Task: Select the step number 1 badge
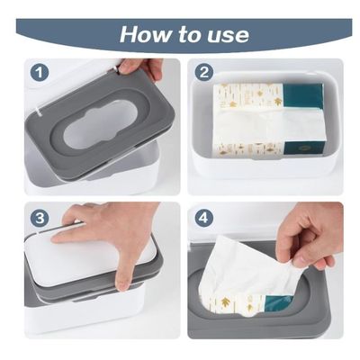click(x=40, y=72)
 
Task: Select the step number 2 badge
click(x=204, y=72)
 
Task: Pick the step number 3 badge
click(x=40, y=218)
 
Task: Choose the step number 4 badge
click(x=204, y=218)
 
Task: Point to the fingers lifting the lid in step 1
click(x=140, y=67)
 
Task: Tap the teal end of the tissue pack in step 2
click(x=303, y=96)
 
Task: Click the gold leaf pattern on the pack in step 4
click(x=224, y=302)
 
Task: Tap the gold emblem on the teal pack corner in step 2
click(x=303, y=148)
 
